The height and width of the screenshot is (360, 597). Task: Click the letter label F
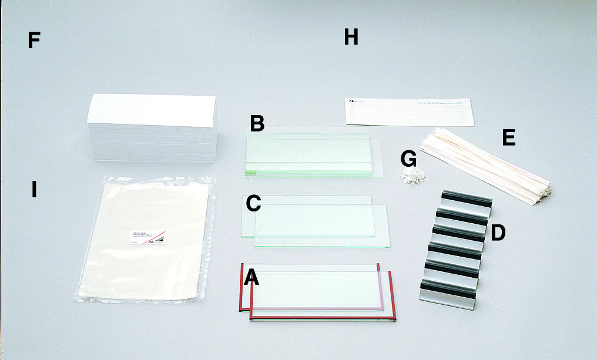click(x=34, y=41)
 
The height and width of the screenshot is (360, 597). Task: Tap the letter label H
click(x=351, y=38)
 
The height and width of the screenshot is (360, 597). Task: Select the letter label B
click(x=257, y=123)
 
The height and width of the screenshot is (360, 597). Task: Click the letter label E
click(x=509, y=138)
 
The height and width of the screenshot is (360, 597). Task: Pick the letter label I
click(x=34, y=190)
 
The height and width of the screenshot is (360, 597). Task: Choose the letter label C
click(x=253, y=203)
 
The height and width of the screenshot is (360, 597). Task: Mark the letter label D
click(x=498, y=233)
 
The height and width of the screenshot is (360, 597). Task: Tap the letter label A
click(x=251, y=277)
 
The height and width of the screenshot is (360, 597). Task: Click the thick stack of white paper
click(x=152, y=129)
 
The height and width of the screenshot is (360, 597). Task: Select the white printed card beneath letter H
click(x=409, y=111)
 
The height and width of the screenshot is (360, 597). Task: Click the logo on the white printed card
click(x=351, y=102)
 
